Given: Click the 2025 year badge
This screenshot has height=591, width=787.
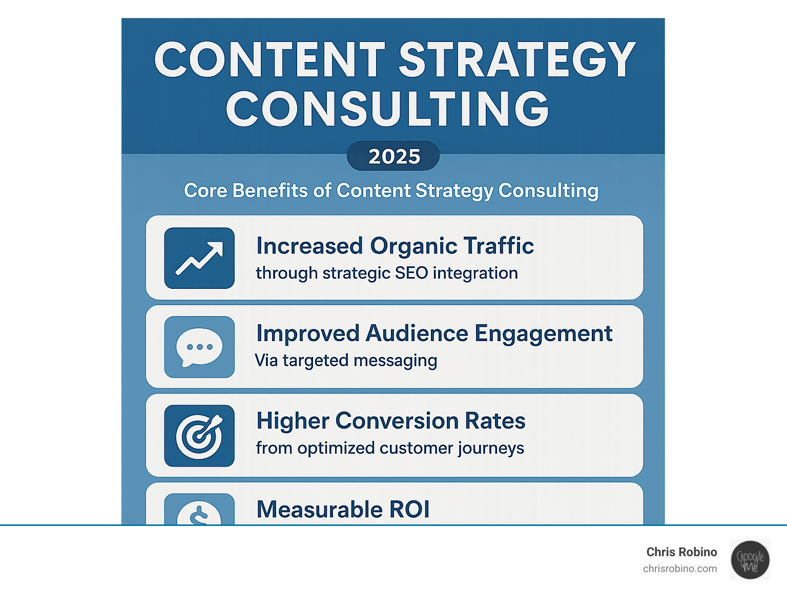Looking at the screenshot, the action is (x=393, y=156).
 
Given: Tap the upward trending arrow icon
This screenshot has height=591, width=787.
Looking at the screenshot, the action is (x=199, y=258).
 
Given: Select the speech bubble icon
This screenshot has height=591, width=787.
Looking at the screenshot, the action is (x=199, y=347).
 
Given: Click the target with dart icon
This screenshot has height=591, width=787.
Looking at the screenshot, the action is (x=199, y=436).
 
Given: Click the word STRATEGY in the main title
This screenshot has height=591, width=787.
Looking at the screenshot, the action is (x=517, y=59).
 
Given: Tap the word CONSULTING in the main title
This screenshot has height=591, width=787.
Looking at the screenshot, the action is (x=387, y=108).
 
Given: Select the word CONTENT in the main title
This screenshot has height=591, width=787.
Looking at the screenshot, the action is (x=270, y=59).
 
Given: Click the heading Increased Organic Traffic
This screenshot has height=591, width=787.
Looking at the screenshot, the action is (x=395, y=246).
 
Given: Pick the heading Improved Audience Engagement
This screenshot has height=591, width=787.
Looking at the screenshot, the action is (x=434, y=334).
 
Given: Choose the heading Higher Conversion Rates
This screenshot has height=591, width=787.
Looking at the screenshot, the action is (x=391, y=421).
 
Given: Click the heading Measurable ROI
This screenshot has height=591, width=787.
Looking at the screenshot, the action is (x=343, y=509).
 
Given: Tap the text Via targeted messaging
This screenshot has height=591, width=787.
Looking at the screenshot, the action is (x=346, y=361).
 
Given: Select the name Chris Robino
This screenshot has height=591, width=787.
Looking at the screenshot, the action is (x=681, y=552).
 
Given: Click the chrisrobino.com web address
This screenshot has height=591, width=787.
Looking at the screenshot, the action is (x=680, y=569).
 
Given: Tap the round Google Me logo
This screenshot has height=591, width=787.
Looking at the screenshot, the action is (x=750, y=560).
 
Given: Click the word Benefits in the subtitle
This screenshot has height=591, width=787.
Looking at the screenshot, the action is (x=270, y=191).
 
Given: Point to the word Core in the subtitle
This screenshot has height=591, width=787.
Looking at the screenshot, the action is (x=205, y=191).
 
